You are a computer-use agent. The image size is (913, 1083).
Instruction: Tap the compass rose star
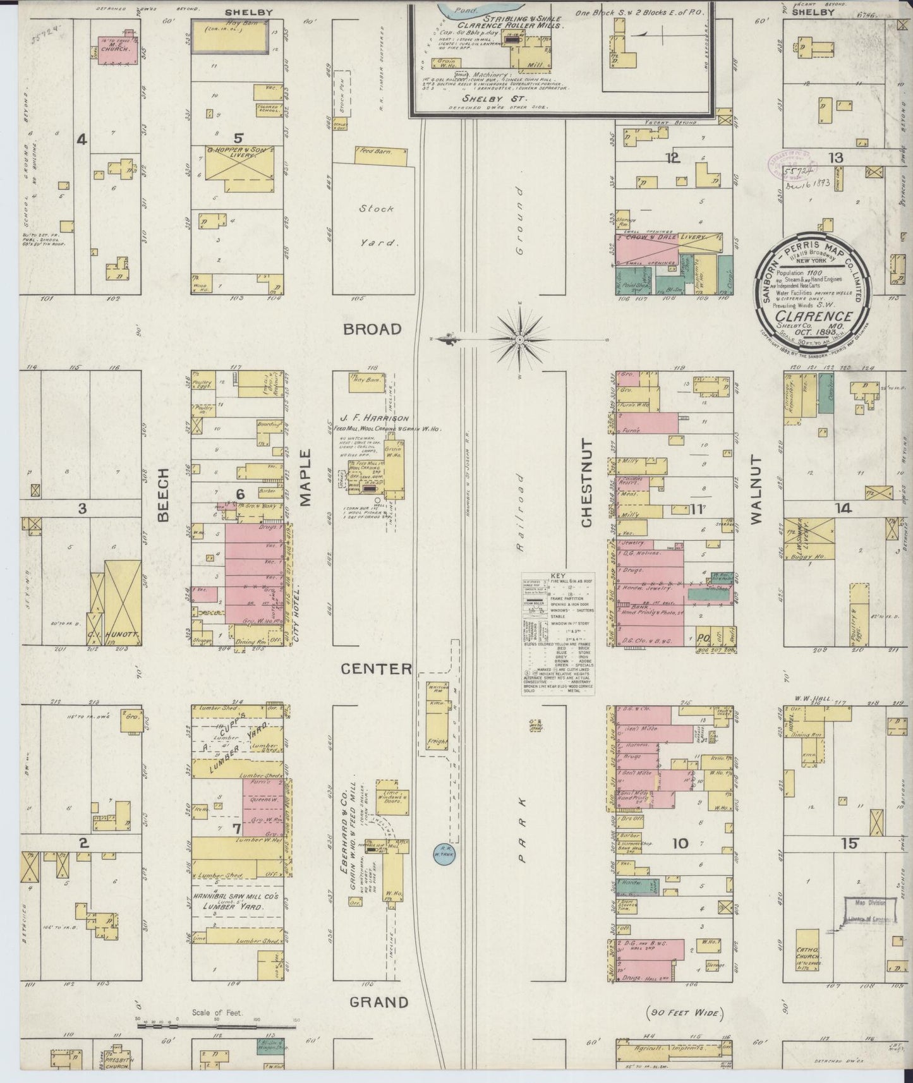(x=518, y=340)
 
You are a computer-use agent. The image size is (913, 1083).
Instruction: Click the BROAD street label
(x=373, y=329)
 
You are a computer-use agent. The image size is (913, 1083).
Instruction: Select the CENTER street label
(x=377, y=669)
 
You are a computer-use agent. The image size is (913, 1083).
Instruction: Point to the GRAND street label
(x=378, y=1002)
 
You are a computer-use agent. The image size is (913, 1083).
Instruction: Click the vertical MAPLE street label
(x=306, y=478)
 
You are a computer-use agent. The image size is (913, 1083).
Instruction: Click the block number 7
(x=237, y=828)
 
